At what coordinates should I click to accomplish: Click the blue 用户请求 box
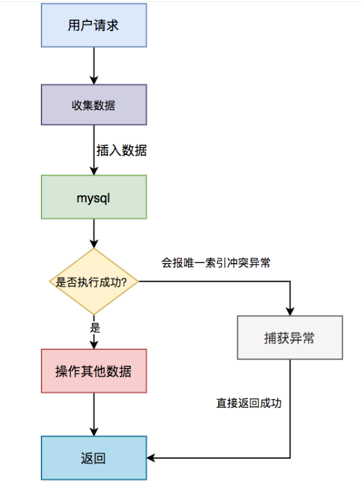[x=94, y=25]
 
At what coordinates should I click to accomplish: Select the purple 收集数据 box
[x=94, y=104]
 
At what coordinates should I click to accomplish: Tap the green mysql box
[x=94, y=197]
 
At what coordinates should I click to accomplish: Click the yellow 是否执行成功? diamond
[x=94, y=281]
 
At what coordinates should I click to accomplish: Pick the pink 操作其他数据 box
[x=94, y=371]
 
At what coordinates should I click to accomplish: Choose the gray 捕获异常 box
[x=290, y=338]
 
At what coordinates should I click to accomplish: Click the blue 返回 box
[x=94, y=458]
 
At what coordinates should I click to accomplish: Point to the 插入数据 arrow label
[x=122, y=150]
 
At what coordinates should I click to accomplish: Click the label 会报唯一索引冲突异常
[x=216, y=263]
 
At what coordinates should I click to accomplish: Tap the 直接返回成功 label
[x=249, y=403]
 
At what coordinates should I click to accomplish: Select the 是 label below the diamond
[x=95, y=327]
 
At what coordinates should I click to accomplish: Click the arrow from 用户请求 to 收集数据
[x=94, y=66]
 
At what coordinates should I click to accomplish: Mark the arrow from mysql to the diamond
[x=94, y=233]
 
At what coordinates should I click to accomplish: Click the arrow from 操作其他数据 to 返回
[x=94, y=415]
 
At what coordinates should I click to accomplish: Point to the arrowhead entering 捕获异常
[x=290, y=311]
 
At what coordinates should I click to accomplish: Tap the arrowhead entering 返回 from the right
[x=151, y=458]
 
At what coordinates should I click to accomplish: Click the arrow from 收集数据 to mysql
[x=94, y=150]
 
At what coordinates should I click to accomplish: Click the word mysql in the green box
[x=93, y=198]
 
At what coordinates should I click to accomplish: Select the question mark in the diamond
[x=124, y=282]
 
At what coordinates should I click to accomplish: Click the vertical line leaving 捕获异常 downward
[x=290, y=409]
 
